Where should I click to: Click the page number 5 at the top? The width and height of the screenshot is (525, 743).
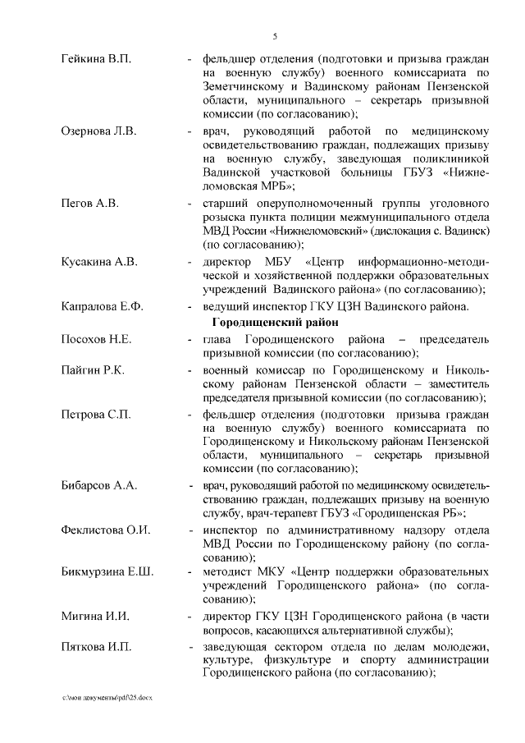coord(275,35)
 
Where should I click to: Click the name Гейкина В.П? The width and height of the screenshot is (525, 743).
coord(96,60)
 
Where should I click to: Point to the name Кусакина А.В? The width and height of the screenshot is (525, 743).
coord(99,262)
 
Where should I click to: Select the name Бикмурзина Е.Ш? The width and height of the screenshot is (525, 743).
coord(107,571)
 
